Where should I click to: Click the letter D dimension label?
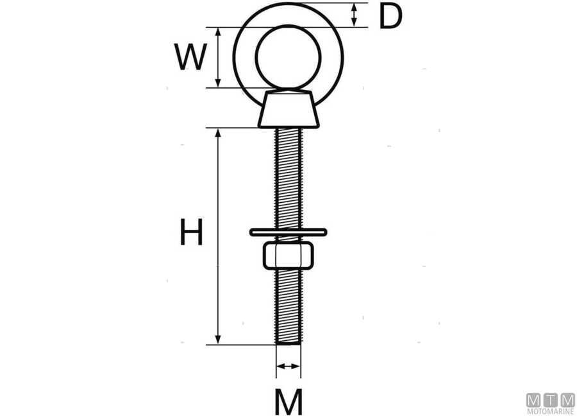click(390, 17)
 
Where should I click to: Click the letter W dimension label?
click(191, 58)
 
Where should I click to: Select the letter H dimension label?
click(191, 233)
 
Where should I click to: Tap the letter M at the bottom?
click(288, 402)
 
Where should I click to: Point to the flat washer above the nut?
click(288, 231)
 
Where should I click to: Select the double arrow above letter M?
click(288, 367)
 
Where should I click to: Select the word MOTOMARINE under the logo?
click(550, 411)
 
